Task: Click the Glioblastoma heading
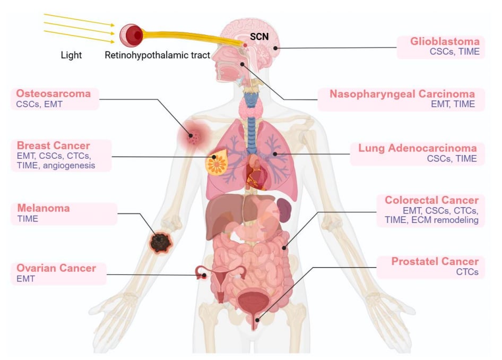tap(445, 41)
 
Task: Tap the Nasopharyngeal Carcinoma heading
tap(402, 94)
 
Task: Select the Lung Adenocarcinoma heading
tap(417, 148)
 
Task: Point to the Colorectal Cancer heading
tap(431, 200)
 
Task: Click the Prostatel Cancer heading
tap(435, 261)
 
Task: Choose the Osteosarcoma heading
tap(54, 94)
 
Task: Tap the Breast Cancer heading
tap(53, 145)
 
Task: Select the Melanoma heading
tap(43, 208)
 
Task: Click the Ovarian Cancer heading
tap(56, 268)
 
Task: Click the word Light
tap(71, 55)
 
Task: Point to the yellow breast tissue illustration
tap(218, 164)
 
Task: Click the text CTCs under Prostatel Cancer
tap(468, 272)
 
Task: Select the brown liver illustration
tap(221, 212)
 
